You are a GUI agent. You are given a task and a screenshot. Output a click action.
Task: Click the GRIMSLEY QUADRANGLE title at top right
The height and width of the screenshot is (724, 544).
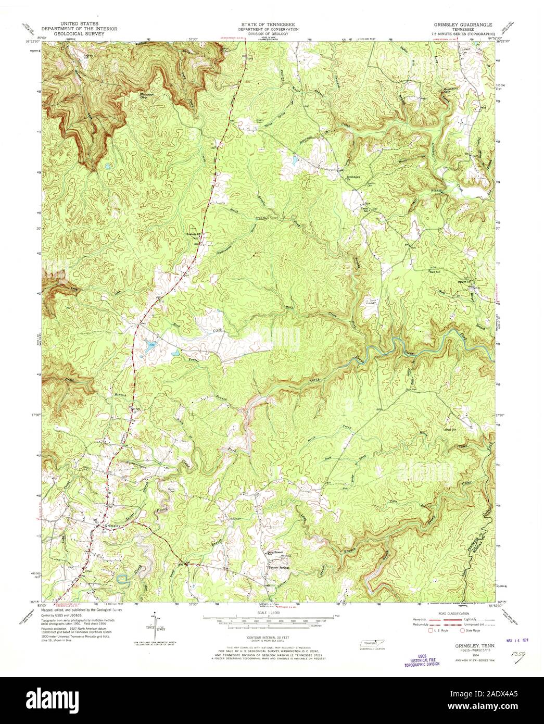point(460,25)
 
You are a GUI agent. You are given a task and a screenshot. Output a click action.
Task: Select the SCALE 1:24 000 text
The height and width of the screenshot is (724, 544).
point(268,613)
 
